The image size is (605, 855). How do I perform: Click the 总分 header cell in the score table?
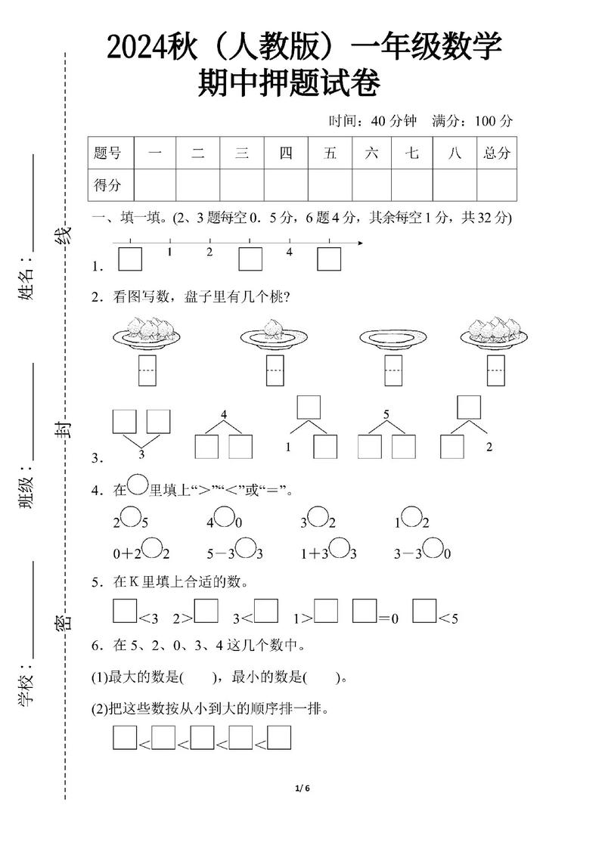pos(497,153)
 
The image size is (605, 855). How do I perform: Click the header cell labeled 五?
pos(330,153)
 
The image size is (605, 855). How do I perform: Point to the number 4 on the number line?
pos(289,252)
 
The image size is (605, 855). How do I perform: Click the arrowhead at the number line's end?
pos(359,243)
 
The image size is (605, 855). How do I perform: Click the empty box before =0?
pos(365,611)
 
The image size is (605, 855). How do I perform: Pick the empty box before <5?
pos(425,611)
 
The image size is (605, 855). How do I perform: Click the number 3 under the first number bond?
pos(141,454)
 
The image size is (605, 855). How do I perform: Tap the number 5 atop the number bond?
pos(386,414)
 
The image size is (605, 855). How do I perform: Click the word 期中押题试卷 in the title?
pos(288,83)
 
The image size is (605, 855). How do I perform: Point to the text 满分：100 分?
pos(472,121)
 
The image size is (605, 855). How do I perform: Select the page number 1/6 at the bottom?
pos(302,788)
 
